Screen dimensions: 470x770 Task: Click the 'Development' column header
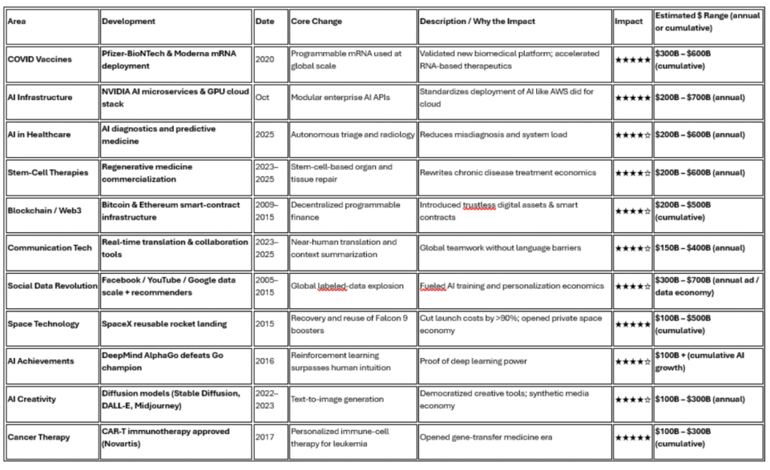[x=129, y=21]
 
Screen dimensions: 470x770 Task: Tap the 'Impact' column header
[x=629, y=21]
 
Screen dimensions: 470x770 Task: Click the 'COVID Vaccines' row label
[x=40, y=59]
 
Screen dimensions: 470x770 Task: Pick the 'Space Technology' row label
[x=43, y=323]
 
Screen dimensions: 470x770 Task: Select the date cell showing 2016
[x=265, y=361]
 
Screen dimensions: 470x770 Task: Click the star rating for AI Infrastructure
[x=632, y=97]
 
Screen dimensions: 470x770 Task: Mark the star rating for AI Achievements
[x=632, y=361]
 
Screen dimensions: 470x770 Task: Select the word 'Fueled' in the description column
[x=434, y=286]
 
